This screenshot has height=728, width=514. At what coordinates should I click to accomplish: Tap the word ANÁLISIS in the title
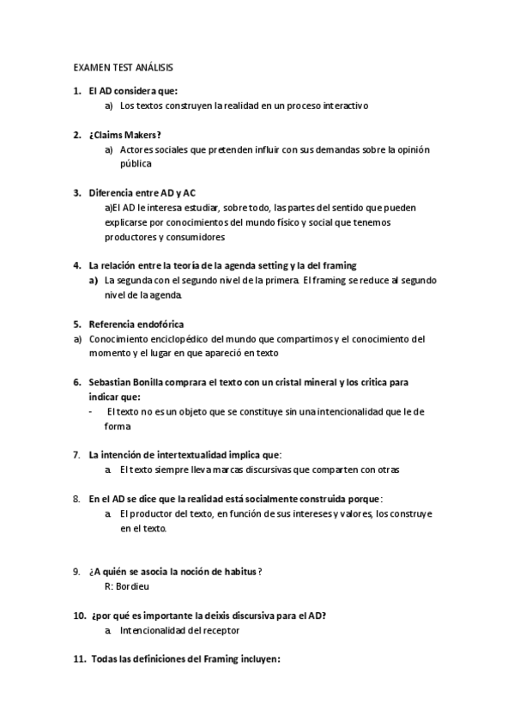[157, 66]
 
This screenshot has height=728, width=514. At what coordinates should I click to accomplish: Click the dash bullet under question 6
[92, 411]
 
